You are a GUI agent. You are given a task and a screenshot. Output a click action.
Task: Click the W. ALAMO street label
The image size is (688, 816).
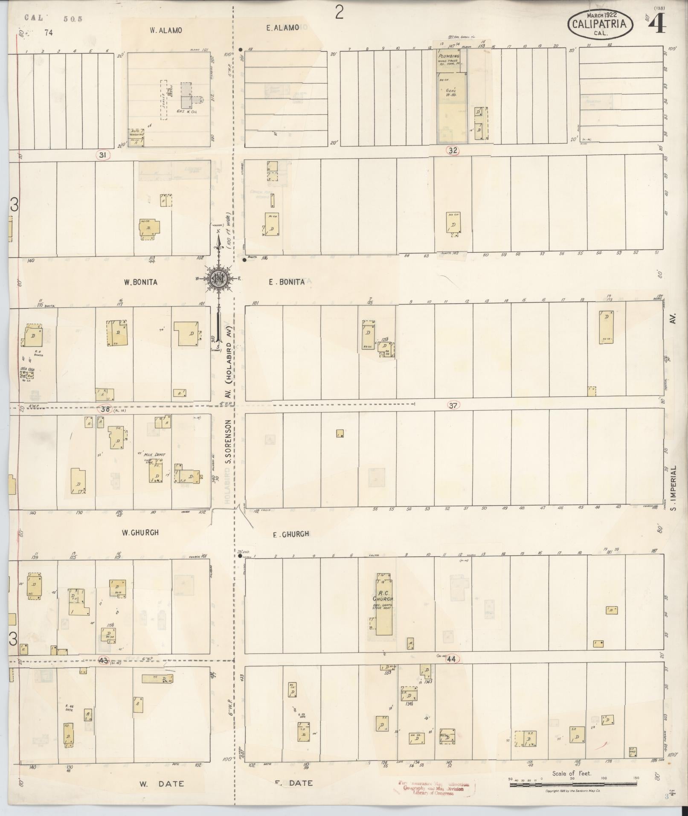click(166, 30)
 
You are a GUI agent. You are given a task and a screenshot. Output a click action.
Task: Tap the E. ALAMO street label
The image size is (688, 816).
click(282, 28)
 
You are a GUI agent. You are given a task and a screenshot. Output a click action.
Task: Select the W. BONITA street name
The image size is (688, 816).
click(141, 282)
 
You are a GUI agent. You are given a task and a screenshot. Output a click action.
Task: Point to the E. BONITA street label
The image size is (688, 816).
click(287, 282)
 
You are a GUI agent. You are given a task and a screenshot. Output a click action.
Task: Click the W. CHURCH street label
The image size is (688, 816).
click(140, 532)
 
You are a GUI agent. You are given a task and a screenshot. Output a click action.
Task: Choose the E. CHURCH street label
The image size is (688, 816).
click(291, 534)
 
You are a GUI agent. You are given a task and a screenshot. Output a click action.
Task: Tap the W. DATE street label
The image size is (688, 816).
click(162, 784)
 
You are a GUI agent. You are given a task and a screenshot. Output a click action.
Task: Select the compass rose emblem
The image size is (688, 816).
click(219, 279)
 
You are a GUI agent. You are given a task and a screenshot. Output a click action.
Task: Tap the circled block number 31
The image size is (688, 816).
click(102, 155)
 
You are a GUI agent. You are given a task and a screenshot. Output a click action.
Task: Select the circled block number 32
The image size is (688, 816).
click(453, 150)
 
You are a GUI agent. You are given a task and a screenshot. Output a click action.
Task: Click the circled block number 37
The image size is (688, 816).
click(453, 406)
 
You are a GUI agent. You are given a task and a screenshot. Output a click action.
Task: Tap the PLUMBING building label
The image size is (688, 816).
click(449, 56)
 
